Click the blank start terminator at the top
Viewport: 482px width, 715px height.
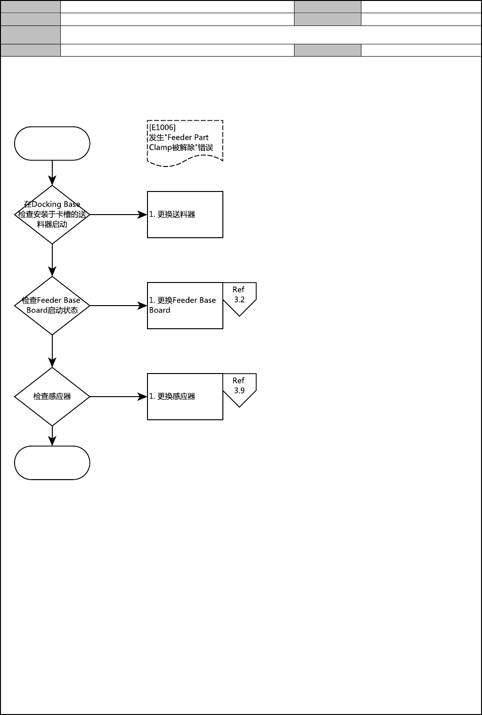click(52, 143)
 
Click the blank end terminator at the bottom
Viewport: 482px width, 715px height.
click(52, 463)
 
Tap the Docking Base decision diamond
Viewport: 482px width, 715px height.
click(52, 215)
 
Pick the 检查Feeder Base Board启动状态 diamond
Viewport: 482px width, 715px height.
click(52, 306)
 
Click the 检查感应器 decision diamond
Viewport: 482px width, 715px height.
click(52, 397)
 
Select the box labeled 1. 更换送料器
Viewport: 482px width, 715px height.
click(185, 215)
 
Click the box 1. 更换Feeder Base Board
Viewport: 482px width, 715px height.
click(185, 306)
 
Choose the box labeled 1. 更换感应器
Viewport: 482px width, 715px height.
click(185, 397)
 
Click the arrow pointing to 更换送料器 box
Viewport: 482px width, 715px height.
click(118, 215)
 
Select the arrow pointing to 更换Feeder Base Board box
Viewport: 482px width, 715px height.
click(118, 306)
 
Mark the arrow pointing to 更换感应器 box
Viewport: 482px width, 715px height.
click(118, 397)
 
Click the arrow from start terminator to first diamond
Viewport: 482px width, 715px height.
click(52, 173)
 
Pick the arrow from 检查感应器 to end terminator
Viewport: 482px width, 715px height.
click(52, 436)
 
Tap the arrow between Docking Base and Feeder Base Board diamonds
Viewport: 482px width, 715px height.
click(52, 260)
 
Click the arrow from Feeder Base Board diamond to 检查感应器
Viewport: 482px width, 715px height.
click(52, 351)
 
